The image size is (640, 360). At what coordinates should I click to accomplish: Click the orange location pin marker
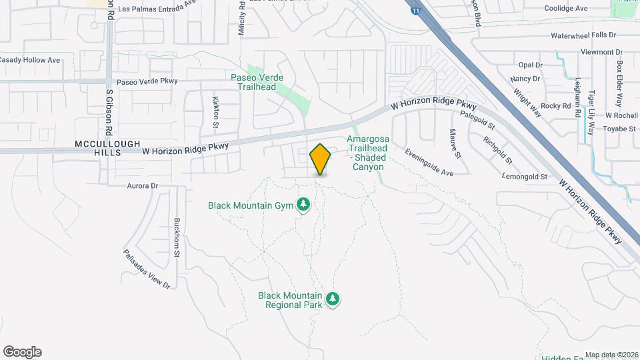coord(320,159)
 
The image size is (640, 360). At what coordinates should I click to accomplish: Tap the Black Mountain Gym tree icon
coord(303,204)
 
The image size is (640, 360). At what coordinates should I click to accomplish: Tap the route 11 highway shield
coord(416,11)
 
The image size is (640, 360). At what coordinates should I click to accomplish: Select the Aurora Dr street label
coord(142,186)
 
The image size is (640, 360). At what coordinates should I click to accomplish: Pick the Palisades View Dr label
coord(147,269)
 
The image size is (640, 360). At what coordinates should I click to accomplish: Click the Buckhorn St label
coord(177,237)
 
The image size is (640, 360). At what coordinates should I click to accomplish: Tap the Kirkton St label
coord(215,111)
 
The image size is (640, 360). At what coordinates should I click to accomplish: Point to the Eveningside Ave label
coord(429,161)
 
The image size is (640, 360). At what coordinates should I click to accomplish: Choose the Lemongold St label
coord(525,177)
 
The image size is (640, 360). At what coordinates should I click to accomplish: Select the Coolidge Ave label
coord(566,8)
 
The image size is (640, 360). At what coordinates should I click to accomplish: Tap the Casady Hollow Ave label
coord(29,60)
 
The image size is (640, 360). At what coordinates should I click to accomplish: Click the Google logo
coord(22,352)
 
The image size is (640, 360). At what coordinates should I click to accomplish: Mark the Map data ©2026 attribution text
coord(611,355)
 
